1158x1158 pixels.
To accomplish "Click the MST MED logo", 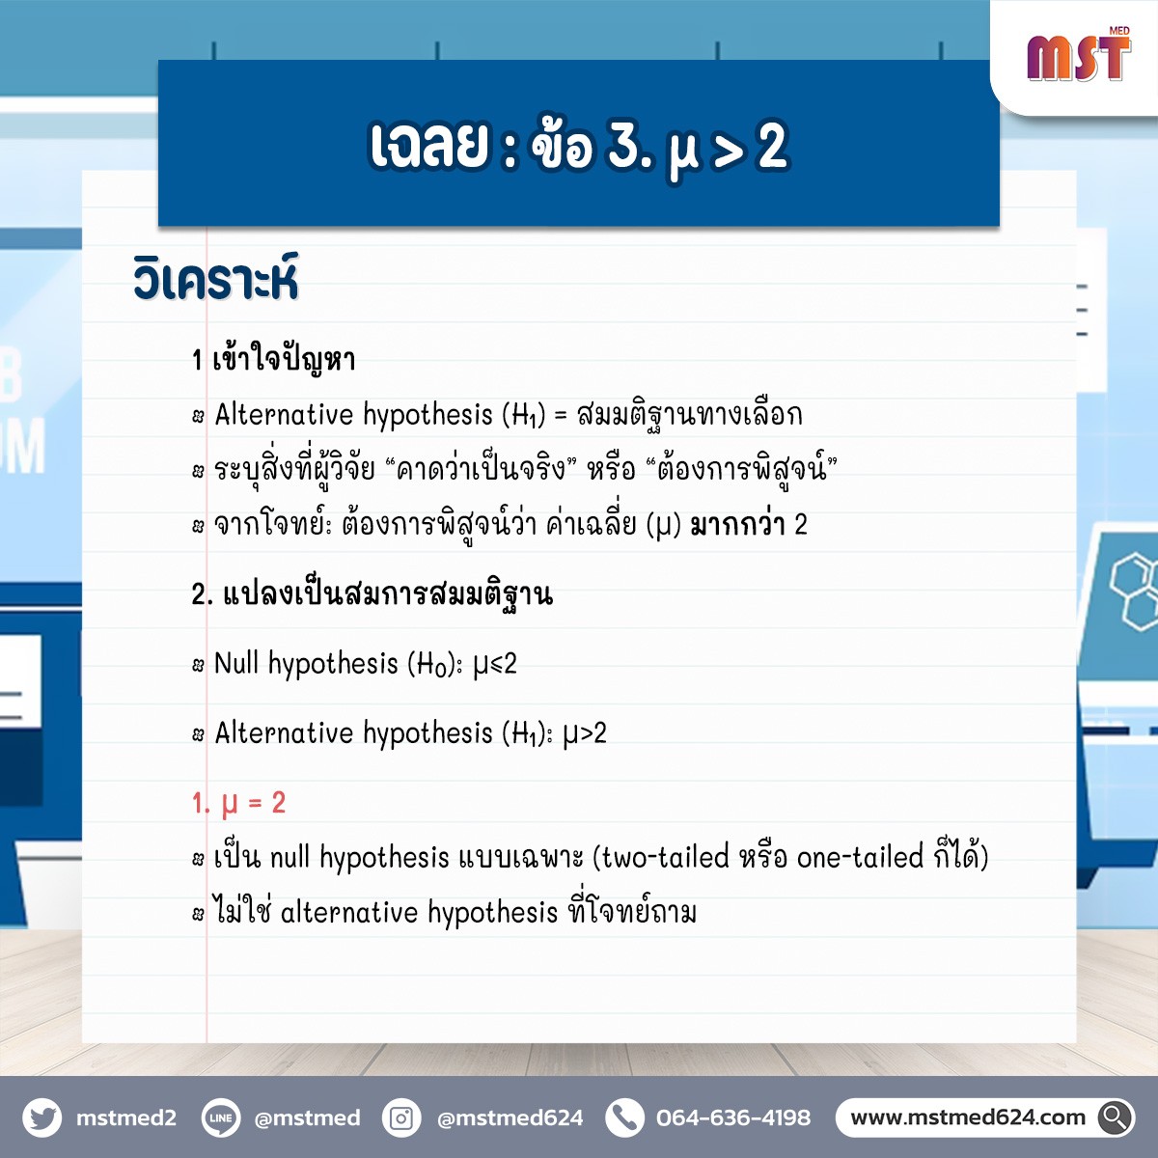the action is click(x=1079, y=55).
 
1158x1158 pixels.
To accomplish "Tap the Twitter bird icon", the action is click(x=42, y=1117).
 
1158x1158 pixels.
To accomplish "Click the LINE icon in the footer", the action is click(x=221, y=1117).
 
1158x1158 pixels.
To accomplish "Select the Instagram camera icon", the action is click(x=401, y=1117).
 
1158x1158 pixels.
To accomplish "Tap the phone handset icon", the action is click(x=624, y=1117).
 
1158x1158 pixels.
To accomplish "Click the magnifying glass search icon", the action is click(x=1116, y=1117).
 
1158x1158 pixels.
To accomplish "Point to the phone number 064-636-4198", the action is click(x=733, y=1117).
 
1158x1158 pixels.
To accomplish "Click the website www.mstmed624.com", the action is click(x=968, y=1117).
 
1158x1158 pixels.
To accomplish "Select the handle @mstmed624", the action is click(x=510, y=1117).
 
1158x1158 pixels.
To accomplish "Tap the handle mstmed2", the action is click(x=126, y=1117).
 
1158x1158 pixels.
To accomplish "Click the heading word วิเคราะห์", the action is click(x=216, y=278).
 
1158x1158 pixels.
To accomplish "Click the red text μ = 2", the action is click(x=238, y=804).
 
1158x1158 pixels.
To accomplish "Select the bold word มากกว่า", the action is click(x=738, y=525).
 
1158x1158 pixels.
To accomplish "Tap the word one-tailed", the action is click(x=860, y=858).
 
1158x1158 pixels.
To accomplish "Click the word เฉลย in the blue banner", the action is click(x=427, y=146).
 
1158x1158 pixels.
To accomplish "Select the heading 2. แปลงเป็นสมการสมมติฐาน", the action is click(x=372, y=594).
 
